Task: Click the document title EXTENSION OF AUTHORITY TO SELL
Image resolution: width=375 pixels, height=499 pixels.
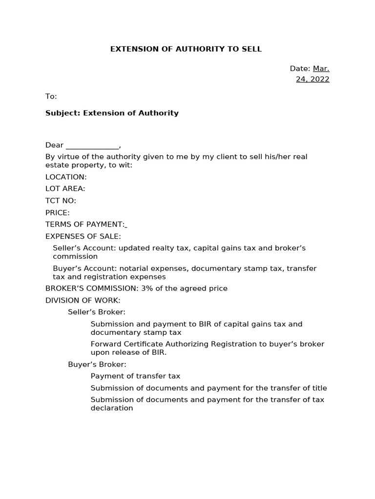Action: [186, 49]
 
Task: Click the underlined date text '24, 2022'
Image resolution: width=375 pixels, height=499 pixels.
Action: [312, 79]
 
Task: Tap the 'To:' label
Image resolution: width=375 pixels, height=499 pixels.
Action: [51, 96]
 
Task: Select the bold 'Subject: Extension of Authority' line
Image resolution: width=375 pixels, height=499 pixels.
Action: [112, 113]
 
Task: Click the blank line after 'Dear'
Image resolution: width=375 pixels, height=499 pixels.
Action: [92, 145]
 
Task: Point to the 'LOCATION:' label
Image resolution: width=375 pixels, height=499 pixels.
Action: [66, 177]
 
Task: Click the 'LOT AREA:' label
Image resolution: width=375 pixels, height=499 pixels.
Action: [65, 189]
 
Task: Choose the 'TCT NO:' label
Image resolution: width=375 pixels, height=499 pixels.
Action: [61, 201]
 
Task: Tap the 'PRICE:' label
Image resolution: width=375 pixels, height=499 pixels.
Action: [58, 212]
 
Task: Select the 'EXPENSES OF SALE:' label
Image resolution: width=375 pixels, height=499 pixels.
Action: [83, 236]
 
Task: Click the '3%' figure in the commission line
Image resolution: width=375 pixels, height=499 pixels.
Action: [147, 288]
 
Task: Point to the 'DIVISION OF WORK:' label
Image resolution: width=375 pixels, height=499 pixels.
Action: [83, 300]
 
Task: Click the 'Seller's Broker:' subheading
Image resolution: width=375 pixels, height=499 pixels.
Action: [97, 312]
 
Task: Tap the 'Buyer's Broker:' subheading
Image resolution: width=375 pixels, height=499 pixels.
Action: [97, 365]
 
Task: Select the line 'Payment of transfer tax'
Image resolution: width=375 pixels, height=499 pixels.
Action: [135, 376]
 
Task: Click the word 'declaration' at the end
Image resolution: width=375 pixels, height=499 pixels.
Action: [112, 408]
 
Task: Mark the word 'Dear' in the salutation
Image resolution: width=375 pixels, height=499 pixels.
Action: [54, 145]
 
